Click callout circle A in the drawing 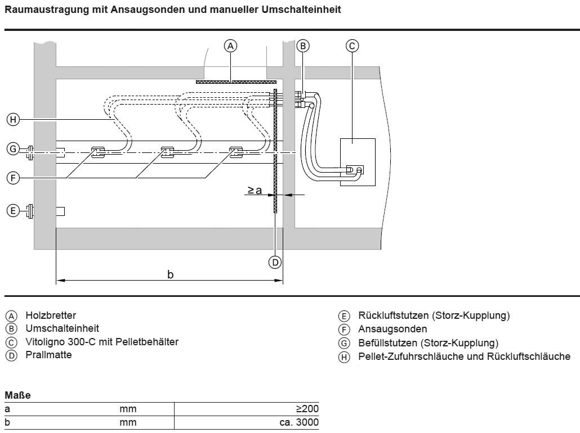pyautogui.click(x=230, y=46)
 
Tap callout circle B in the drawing pyautogui.click(x=303, y=46)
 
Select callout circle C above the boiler pyautogui.click(x=352, y=46)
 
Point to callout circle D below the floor pyautogui.click(x=275, y=261)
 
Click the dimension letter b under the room pyautogui.click(x=171, y=274)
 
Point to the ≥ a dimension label pyautogui.click(x=255, y=191)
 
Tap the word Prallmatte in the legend pyautogui.click(x=48, y=355)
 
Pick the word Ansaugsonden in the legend pyautogui.click(x=392, y=329)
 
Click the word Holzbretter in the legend pyautogui.click(x=51, y=315)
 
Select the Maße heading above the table pyautogui.click(x=17, y=395)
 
